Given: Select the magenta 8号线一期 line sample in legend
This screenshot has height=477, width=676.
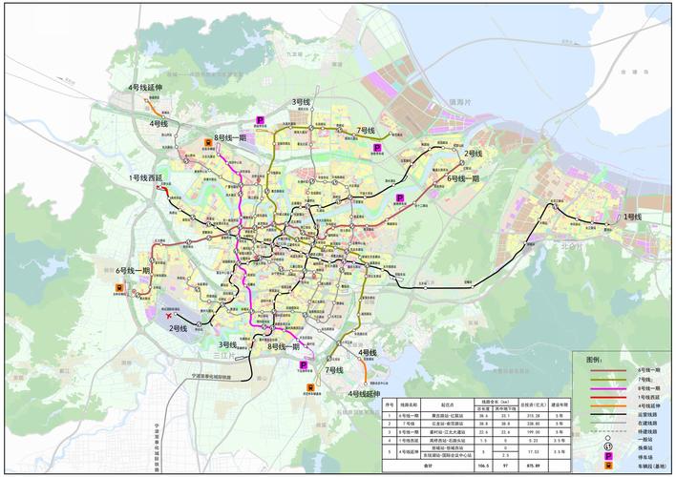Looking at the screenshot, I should (x=602, y=388).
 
